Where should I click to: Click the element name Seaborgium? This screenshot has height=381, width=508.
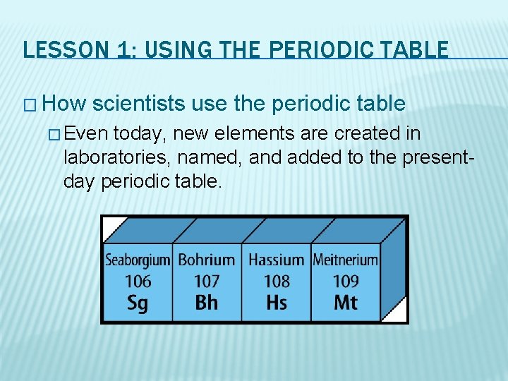pos(138,260)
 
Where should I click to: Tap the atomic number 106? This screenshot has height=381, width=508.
pos(138,281)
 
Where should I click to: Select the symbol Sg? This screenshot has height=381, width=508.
pos(138,303)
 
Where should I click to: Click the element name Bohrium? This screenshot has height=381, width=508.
pos(206,260)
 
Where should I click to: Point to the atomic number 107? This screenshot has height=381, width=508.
pos(206,281)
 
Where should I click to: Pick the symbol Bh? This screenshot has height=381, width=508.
pos(206,303)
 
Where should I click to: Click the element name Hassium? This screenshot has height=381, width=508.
pos(276,260)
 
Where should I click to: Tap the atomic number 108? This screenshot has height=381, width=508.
pos(277,281)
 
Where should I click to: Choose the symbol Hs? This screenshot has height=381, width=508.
pos(277,303)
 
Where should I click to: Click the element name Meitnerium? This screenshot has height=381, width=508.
pos(346,260)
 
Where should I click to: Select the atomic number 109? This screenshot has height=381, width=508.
pos(346,281)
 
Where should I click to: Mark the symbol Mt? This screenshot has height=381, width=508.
pos(346,303)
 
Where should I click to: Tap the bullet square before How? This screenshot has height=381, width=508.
pos(28,105)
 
